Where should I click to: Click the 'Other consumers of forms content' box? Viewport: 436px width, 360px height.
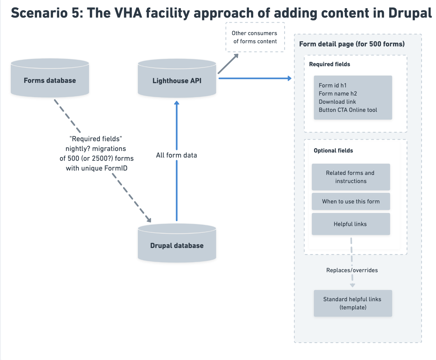(x=255, y=37)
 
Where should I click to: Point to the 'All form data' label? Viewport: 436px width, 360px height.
(x=176, y=155)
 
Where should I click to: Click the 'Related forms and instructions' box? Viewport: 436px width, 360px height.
(x=351, y=177)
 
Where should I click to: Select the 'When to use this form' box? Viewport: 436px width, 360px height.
(x=351, y=201)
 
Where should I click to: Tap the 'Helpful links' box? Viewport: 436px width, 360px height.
(x=351, y=224)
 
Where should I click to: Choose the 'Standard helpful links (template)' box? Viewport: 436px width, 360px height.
(x=353, y=303)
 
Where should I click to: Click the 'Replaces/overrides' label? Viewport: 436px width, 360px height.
(x=352, y=270)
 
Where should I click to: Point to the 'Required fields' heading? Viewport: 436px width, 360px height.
(x=329, y=64)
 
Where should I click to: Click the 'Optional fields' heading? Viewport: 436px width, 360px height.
(x=333, y=151)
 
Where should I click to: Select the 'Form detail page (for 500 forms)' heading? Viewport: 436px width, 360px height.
(x=352, y=44)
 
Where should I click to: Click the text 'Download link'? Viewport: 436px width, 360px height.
(x=337, y=102)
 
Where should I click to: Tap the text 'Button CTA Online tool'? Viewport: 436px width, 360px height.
(x=348, y=110)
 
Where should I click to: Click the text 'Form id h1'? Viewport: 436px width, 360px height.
(x=333, y=85)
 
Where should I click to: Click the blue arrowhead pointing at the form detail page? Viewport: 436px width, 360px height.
(x=289, y=78)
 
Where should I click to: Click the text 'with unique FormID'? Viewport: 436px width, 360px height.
(x=96, y=168)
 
